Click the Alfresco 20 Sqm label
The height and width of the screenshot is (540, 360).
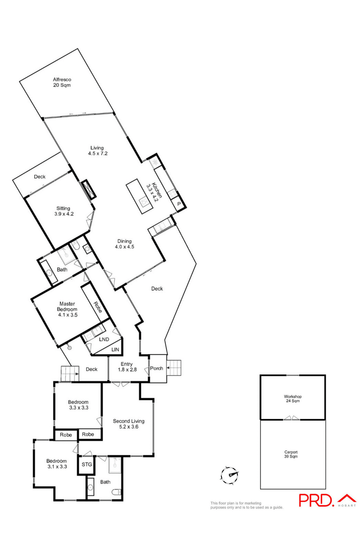(x=62, y=82)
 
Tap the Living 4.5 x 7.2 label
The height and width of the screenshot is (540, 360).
(x=97, y=151)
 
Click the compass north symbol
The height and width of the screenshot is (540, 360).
(x=230, y=475)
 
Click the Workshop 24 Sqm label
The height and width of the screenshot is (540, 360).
(x=293, y=399)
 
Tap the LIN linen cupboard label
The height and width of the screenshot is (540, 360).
(x=115, y=350)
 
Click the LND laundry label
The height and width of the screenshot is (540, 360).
(x=104, y=339)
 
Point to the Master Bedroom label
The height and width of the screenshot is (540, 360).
(x=67, y=309)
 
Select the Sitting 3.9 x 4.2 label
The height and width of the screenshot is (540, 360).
(x=64, y=211)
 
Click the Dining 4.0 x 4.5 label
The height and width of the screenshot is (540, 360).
(x=124, y=244)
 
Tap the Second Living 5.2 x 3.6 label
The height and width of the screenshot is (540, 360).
(x=129, y=424)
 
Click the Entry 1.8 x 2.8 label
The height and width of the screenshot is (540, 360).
(x=127, y=367)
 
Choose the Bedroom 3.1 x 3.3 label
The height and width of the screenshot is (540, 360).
(x=57, y=464)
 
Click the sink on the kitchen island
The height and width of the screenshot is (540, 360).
(x=144, y=202)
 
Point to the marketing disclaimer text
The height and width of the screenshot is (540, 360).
(x=247, y=505)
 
